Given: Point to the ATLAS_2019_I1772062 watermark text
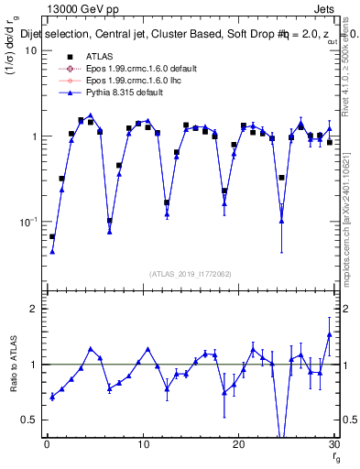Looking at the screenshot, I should click(x=190, y=273).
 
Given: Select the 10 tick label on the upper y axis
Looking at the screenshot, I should click(x=30, y=50).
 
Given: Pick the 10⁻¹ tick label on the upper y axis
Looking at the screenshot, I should click(x=27, y=221).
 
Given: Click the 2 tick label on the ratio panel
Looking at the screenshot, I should click(x=34, y=309).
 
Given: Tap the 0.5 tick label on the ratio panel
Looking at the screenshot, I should click(x=29, y=420).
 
